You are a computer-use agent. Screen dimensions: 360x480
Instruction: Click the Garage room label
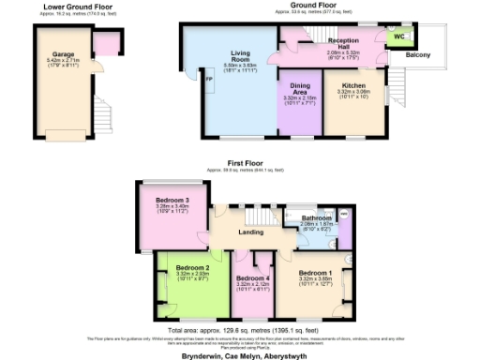click(x=65, y=56)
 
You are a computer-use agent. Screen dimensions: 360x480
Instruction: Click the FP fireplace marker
click(x=184, y=81)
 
